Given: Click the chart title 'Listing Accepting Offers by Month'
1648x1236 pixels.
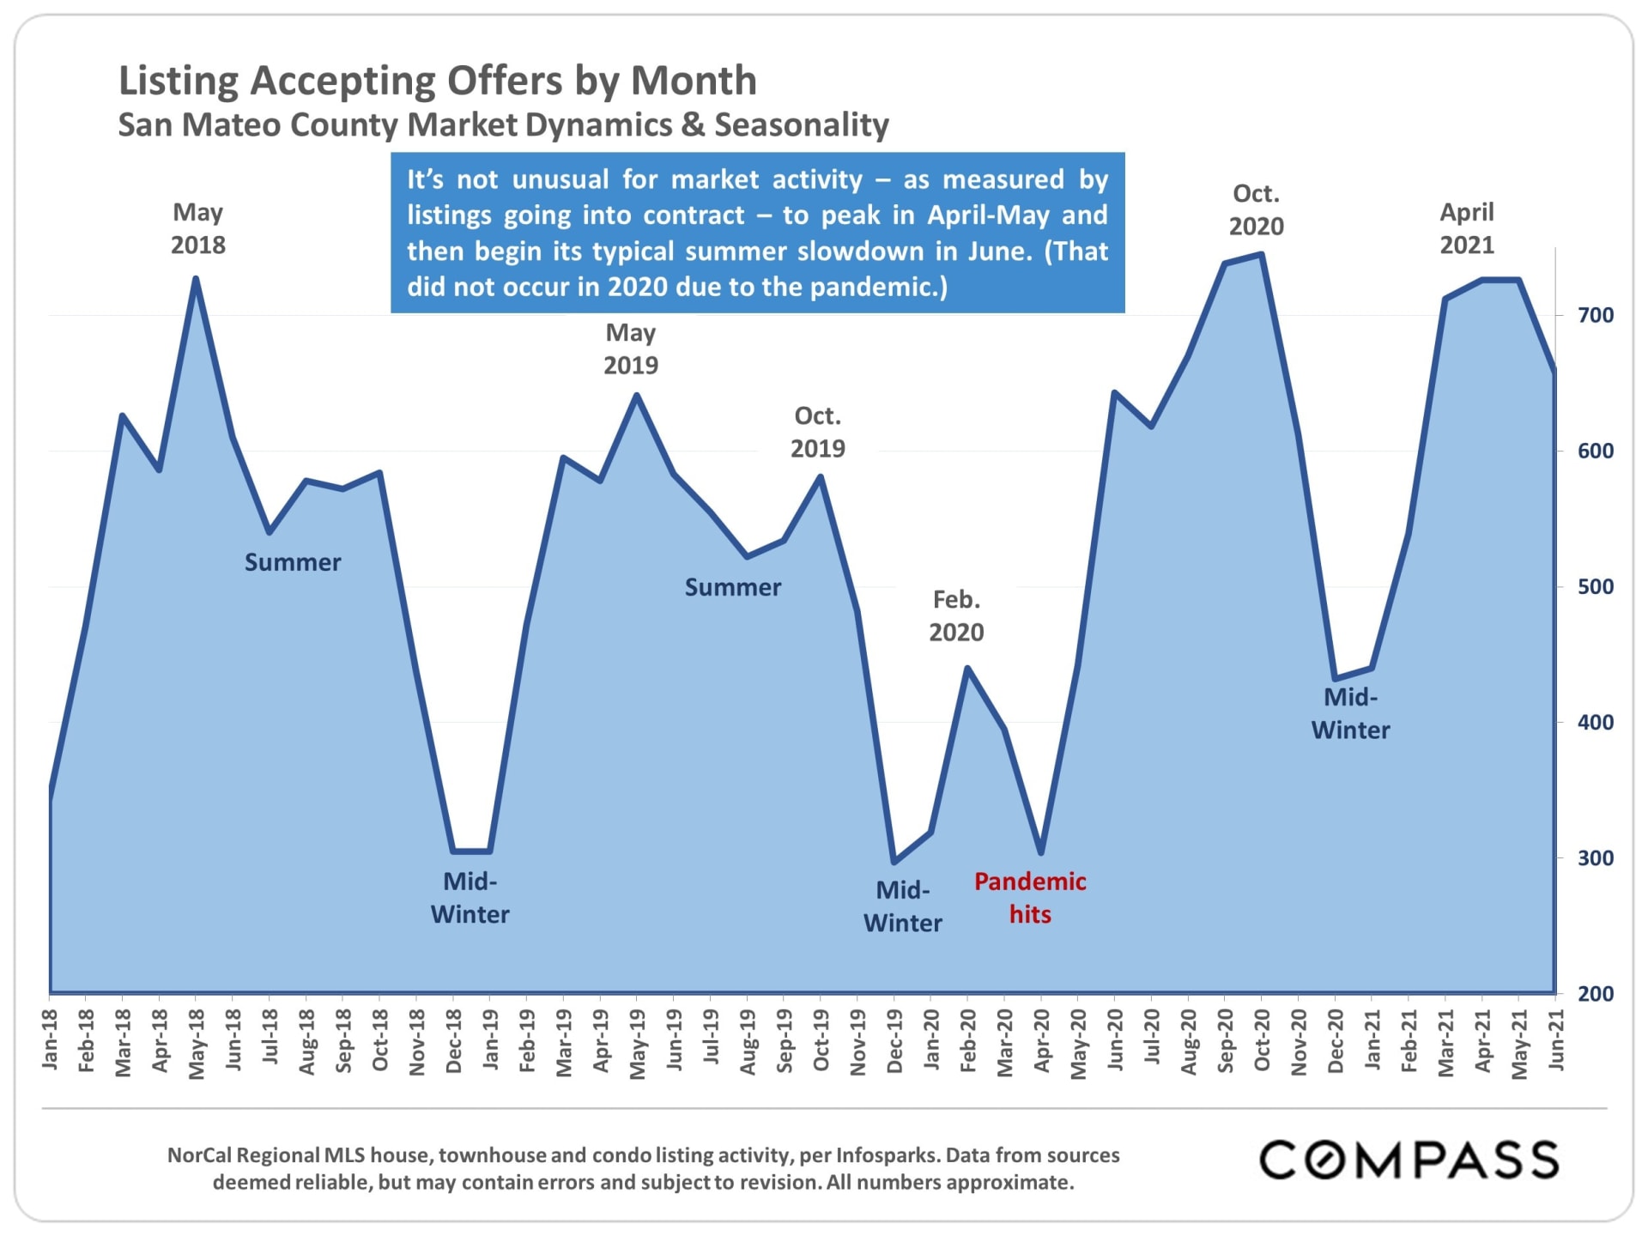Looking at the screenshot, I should point(437,81).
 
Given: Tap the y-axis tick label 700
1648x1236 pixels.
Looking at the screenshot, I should point(1595,315).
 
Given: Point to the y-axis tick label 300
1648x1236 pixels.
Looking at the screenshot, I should point(1595,857).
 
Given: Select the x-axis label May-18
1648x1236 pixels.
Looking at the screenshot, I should point(197,1043).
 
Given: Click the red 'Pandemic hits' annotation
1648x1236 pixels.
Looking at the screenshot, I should point(1029,898).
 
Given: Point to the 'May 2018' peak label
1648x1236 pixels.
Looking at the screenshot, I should point(197,228).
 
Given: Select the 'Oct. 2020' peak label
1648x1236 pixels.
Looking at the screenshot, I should point(1256,209).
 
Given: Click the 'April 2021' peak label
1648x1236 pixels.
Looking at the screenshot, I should point(1466,228).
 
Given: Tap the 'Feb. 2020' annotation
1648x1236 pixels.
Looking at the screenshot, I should point(956,615).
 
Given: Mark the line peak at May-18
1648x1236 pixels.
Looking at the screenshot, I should point(196,279).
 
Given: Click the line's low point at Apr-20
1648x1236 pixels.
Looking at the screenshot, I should point(1041,852).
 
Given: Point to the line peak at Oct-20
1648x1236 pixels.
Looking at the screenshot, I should point(1261,254).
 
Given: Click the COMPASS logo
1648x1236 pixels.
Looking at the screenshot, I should point(1409,1160).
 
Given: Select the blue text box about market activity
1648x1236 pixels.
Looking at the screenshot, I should point(757,233).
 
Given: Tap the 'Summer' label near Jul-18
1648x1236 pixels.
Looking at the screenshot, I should point(293,562).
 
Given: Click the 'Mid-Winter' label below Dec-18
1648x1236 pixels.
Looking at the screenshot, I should point(470,898).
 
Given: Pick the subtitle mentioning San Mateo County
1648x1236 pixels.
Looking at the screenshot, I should point(503,125).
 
